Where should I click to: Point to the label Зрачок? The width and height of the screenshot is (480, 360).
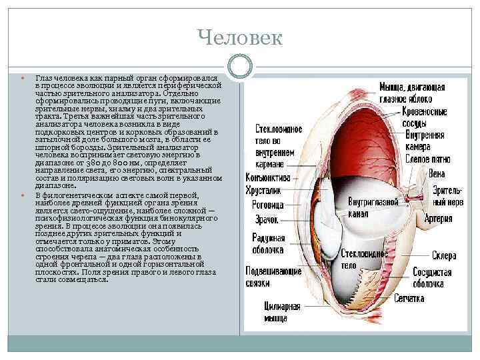266,219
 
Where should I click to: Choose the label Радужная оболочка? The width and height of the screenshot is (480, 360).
269,245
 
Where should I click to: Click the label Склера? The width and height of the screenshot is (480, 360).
425,256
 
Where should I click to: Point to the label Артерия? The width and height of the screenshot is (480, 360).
437,218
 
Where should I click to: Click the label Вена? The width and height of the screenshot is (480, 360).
437,174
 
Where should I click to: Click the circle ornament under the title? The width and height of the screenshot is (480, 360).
240,65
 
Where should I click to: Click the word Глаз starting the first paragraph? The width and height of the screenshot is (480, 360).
42,79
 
